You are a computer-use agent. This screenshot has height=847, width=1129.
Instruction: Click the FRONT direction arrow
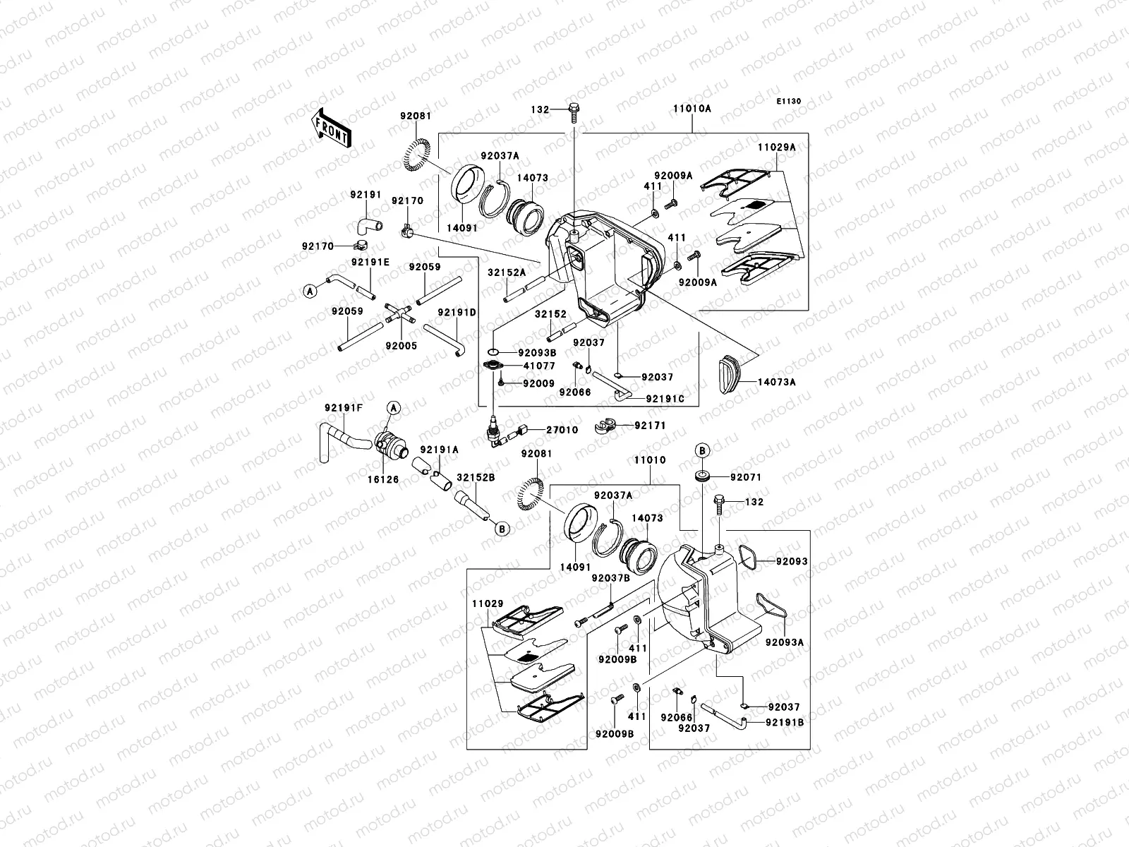coord(332,128)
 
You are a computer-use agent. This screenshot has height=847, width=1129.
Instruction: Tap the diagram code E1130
coord(788,102)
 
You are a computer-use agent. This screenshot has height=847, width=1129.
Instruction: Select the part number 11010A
coord(692,109)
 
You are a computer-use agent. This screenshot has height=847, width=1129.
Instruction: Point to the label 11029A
coord(776,147)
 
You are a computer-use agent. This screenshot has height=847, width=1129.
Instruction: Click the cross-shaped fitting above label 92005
coord(400,314)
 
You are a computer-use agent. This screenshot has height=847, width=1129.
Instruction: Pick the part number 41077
coord(539,366)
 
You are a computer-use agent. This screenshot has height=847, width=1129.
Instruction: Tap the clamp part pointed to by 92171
coord(605,426)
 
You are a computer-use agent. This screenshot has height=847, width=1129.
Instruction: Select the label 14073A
coord(776,382)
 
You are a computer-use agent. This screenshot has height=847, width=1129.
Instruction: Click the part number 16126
coord(383,479)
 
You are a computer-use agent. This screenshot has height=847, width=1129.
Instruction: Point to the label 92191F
coord(344,408)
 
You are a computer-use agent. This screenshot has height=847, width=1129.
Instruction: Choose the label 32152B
coord(476,477)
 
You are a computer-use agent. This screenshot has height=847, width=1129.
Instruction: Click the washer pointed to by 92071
coord(702,476)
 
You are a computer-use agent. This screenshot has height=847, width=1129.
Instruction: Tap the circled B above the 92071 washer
coord(702,450)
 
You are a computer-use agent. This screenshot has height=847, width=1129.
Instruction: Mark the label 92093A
coord(785,642)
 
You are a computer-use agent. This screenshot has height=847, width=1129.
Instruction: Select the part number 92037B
coord(610,578)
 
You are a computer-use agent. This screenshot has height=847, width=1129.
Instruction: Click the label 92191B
coord(785,723)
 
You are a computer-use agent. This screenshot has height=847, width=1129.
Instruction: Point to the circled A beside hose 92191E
coord(310,291)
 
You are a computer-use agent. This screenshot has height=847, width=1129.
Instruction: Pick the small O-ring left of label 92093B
coord(493,352)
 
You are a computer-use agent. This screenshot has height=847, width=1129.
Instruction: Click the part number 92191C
coord(665,399)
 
